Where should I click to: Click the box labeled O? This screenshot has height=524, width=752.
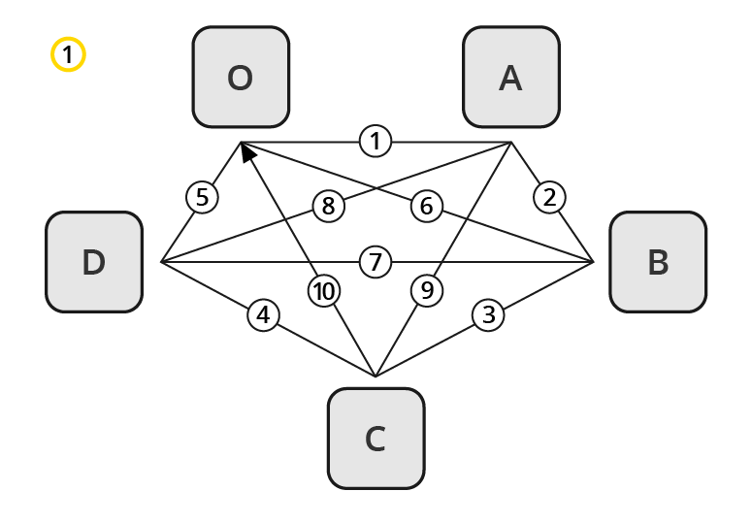[241, 77]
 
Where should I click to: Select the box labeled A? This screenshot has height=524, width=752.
[510, 77]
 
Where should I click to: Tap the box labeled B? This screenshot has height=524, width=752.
[657, 262]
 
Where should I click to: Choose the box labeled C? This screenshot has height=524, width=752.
[376, 439]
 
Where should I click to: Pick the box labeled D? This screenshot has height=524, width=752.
[94, 262]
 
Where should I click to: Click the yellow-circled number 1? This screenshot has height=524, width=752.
[68, 54]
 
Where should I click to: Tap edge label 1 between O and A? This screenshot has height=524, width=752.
[376, 142]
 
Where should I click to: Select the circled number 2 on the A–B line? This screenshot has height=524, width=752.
[549, 198]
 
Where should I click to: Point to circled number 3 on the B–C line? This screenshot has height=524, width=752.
[489, 315]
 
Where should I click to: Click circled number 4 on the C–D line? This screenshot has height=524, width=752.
[263, 315]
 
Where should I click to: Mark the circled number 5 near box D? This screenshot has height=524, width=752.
[202, 198]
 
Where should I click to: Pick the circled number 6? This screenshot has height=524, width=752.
[426, 206]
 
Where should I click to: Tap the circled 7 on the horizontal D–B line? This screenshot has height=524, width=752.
[376, 262]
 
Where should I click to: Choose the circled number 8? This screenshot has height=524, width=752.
[328, 206]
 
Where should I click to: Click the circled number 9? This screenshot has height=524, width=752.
[425, 290]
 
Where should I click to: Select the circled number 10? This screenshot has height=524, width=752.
[325, 290]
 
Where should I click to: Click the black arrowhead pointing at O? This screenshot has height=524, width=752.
[247, 152]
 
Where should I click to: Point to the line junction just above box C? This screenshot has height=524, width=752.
[376, 377]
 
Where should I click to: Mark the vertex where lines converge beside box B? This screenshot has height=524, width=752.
[593, 262]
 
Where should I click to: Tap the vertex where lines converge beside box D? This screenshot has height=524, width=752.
[161, 262]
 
